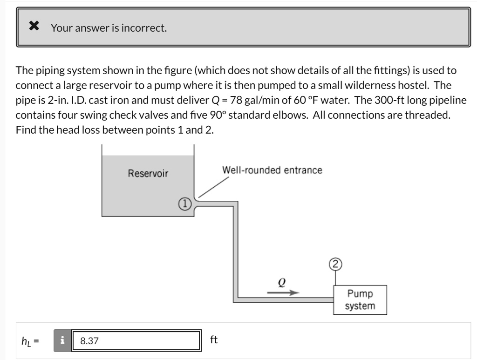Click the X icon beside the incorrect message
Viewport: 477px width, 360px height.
(x=34, y=27)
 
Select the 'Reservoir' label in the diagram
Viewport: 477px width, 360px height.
(x=148, y=174)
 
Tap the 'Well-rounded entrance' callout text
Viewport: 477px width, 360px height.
(x=272, y=170)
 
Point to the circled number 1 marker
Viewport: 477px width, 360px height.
(x=184, y=204)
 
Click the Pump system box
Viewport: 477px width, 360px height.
(x=360, y=300)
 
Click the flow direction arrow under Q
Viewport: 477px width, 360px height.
(x=283, y=293)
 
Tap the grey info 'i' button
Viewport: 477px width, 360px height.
(x=61, y=341)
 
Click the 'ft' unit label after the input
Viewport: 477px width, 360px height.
(x=214, y=340)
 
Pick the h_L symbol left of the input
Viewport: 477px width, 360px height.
(x=28, y=341)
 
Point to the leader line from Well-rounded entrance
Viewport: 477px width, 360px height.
(x=210, y=187)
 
